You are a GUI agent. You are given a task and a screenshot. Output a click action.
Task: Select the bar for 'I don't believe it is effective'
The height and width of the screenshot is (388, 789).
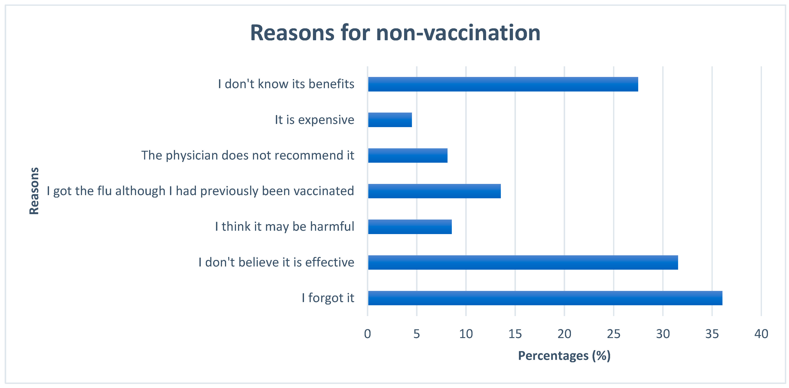tap(523, 262)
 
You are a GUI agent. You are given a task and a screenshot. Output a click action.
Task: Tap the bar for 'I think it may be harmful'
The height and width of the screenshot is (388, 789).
tap(410, 227)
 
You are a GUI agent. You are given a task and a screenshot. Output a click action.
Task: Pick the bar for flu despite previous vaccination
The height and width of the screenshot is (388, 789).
tap(434, 191)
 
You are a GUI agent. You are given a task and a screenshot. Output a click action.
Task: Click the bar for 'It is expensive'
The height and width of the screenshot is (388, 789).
tap(390, 120)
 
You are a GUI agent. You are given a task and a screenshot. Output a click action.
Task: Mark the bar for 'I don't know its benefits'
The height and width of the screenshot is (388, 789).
tap(503, 84)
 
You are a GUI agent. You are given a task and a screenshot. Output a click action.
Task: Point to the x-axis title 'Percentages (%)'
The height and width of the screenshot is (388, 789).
tap(564, 356)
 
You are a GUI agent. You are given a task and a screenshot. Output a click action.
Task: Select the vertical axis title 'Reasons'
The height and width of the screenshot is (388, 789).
tap(34, 191)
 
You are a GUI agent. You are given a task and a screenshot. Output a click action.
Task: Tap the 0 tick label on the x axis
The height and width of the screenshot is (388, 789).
tap(368, 334)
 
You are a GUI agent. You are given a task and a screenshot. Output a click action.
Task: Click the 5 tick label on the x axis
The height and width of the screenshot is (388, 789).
tap(417, 334)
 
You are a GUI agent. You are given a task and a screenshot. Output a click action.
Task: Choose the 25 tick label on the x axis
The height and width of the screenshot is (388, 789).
tap(613, 334)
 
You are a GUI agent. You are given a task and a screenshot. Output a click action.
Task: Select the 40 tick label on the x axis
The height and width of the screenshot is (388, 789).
tap(761, 334)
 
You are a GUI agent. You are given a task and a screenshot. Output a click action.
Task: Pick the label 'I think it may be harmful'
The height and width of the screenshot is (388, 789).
tap(285, 227)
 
